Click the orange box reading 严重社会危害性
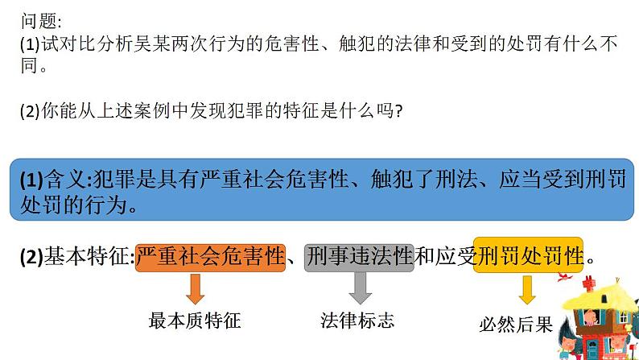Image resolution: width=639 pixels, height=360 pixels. pos(211,258)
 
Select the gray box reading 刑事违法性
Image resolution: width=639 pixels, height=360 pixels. pos(358,258)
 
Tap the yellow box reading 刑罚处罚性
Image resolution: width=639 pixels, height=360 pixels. pos(529,257)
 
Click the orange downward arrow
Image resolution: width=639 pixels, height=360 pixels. pos(194,288)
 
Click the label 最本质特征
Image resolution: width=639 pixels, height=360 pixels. pos(194,321)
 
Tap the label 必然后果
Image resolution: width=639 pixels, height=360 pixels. pos(515,325)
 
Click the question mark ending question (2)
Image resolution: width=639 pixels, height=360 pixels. pos(398,113)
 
